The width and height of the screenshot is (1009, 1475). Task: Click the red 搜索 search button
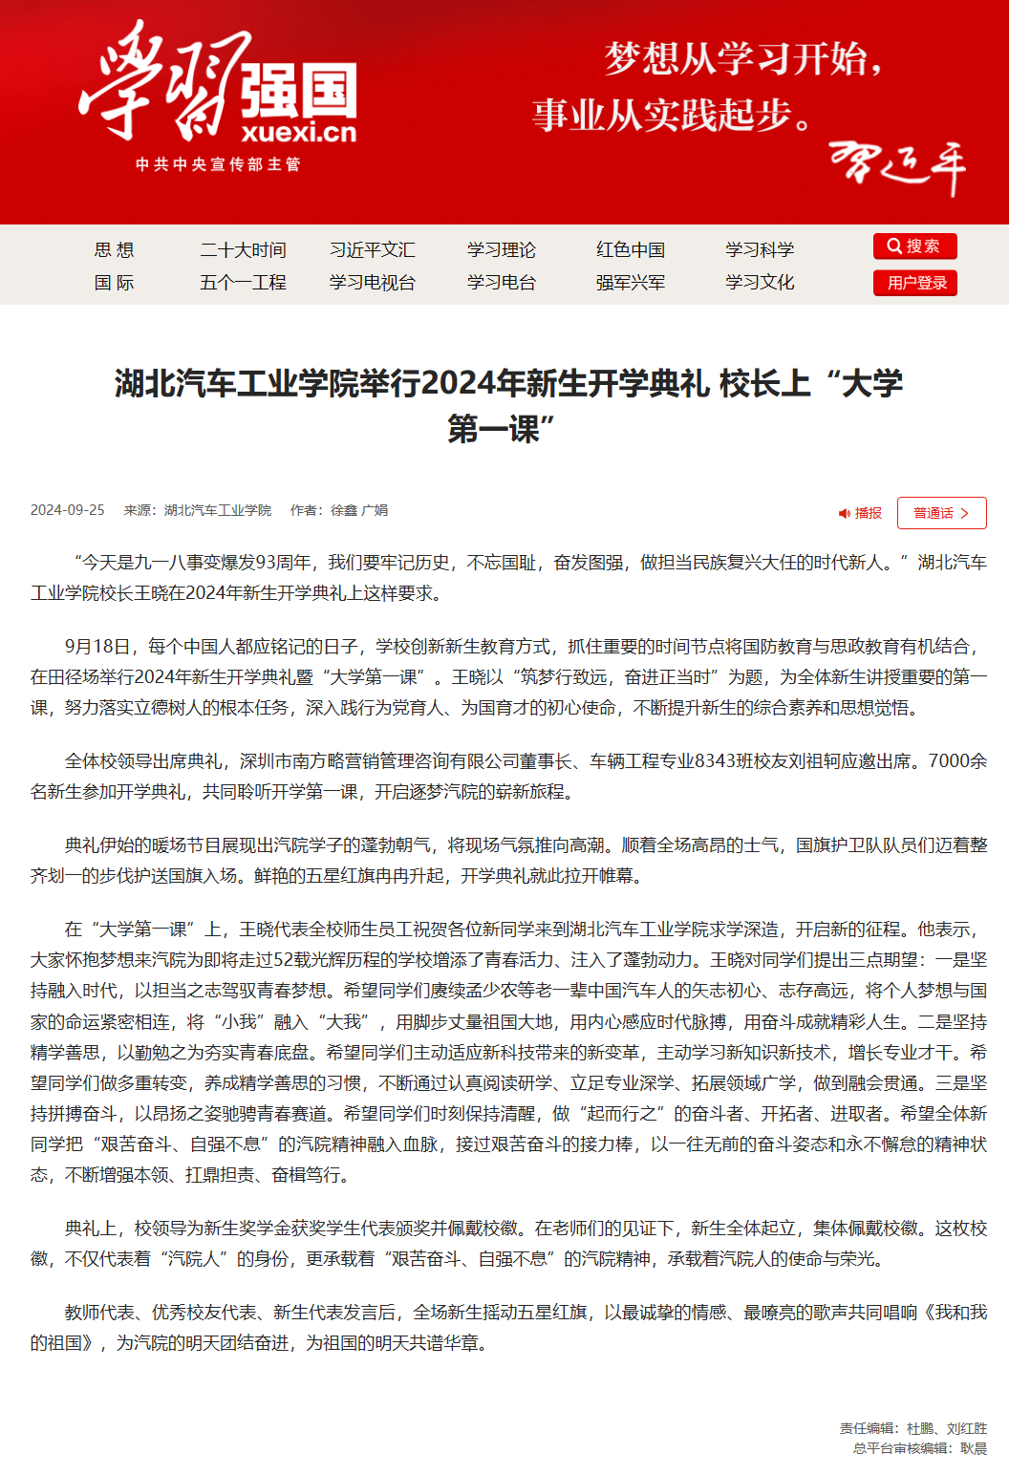[914, 246]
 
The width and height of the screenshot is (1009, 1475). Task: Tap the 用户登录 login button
[914, 283]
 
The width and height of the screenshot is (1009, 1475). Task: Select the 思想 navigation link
[114, 250]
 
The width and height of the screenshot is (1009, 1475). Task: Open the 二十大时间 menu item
[243, 250]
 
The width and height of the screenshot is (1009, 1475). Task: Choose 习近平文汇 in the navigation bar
[372, 250]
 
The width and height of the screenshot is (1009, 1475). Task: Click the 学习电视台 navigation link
[372, 283]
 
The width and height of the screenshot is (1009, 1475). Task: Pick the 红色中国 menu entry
[630, 250]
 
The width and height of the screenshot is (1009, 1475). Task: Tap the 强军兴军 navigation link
[630, 283]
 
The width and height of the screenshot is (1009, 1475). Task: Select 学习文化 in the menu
[759, 283]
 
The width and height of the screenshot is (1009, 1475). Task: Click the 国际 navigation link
[114, 283]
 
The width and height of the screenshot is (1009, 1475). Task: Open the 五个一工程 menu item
[243, 283]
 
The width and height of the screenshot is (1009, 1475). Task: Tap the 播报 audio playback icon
[845, 514]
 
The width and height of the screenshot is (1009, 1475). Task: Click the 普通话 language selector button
[941, 513]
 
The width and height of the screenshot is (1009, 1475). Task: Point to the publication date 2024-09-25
[67, 510]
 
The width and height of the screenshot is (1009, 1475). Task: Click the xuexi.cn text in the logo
[298, 132]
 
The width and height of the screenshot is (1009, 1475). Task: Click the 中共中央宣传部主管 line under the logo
[218, 164]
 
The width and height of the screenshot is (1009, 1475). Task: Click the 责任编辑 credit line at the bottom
[912, 1428]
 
